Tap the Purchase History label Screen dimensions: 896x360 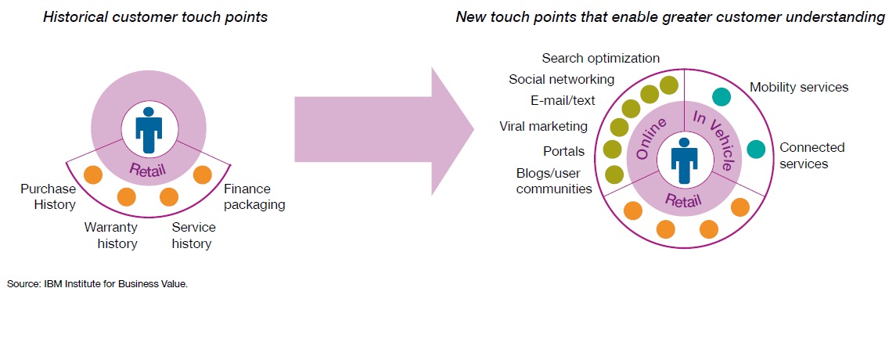pos(48,196)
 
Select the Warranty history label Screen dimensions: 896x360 pos(111,236)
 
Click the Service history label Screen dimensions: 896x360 pos(194,236)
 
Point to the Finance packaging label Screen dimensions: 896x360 pos(254,196)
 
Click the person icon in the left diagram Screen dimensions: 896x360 pos(149,130)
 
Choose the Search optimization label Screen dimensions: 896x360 pos(600,58)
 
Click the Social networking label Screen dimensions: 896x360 pos(562,79)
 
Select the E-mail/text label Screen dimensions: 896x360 pos(563,101)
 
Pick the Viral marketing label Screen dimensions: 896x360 pos(543,126)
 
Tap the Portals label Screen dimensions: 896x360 pos(564,151)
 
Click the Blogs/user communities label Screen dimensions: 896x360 pos(554,181)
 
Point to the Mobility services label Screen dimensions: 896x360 pos(799,88)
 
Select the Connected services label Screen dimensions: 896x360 pos(812,156)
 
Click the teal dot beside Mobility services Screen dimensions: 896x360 pos(722,96)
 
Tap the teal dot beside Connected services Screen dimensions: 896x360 pos(756,149)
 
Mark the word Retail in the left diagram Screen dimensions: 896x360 pos(149,169)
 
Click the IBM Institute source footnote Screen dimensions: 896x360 pos(98,283)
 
